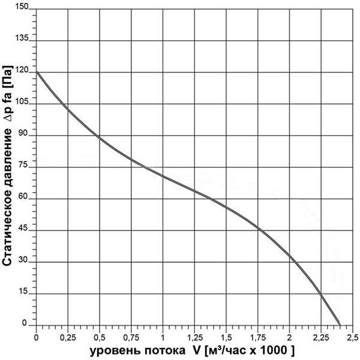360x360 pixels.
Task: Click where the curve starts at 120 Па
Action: tap(37, 72)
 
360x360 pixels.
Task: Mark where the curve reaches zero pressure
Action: tap(340, 324)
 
